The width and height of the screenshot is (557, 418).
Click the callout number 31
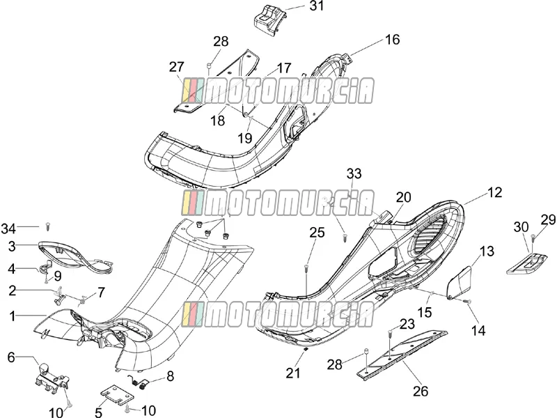point(317,6)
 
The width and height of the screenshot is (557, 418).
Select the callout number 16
point(393,40)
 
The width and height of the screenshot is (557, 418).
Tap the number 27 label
point(177,67)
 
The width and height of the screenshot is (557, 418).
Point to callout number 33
point(354,173)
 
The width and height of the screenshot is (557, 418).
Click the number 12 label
point(495,192)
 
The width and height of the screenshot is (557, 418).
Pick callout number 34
point(8,229)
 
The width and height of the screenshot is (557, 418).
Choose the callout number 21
point(293,373)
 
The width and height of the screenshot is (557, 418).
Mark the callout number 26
point(421,392)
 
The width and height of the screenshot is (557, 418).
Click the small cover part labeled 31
point(266,22)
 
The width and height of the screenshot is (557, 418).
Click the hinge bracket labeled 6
point(52,378)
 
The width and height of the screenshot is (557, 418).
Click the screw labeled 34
point(48,226)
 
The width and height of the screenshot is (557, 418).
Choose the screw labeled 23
point(390,334)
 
